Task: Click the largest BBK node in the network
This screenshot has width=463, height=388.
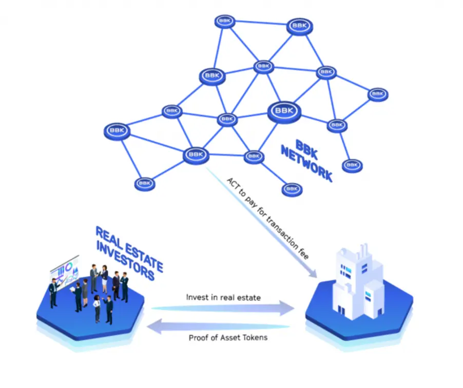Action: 284,111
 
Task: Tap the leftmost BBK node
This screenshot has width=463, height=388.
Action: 117,131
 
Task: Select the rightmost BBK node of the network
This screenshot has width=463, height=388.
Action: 378,94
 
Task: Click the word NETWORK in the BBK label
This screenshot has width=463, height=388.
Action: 306,164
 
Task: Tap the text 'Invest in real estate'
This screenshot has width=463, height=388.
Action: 223,297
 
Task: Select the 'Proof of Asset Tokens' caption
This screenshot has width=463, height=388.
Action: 228,338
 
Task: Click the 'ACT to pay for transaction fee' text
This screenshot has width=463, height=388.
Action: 267,219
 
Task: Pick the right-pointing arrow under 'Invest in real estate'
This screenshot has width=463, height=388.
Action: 223,308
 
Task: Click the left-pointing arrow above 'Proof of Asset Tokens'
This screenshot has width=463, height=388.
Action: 219,326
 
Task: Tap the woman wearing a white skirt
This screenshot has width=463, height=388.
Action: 105,279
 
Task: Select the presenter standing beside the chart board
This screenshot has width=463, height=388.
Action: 53,293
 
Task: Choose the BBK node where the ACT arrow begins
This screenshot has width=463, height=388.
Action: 196,156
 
